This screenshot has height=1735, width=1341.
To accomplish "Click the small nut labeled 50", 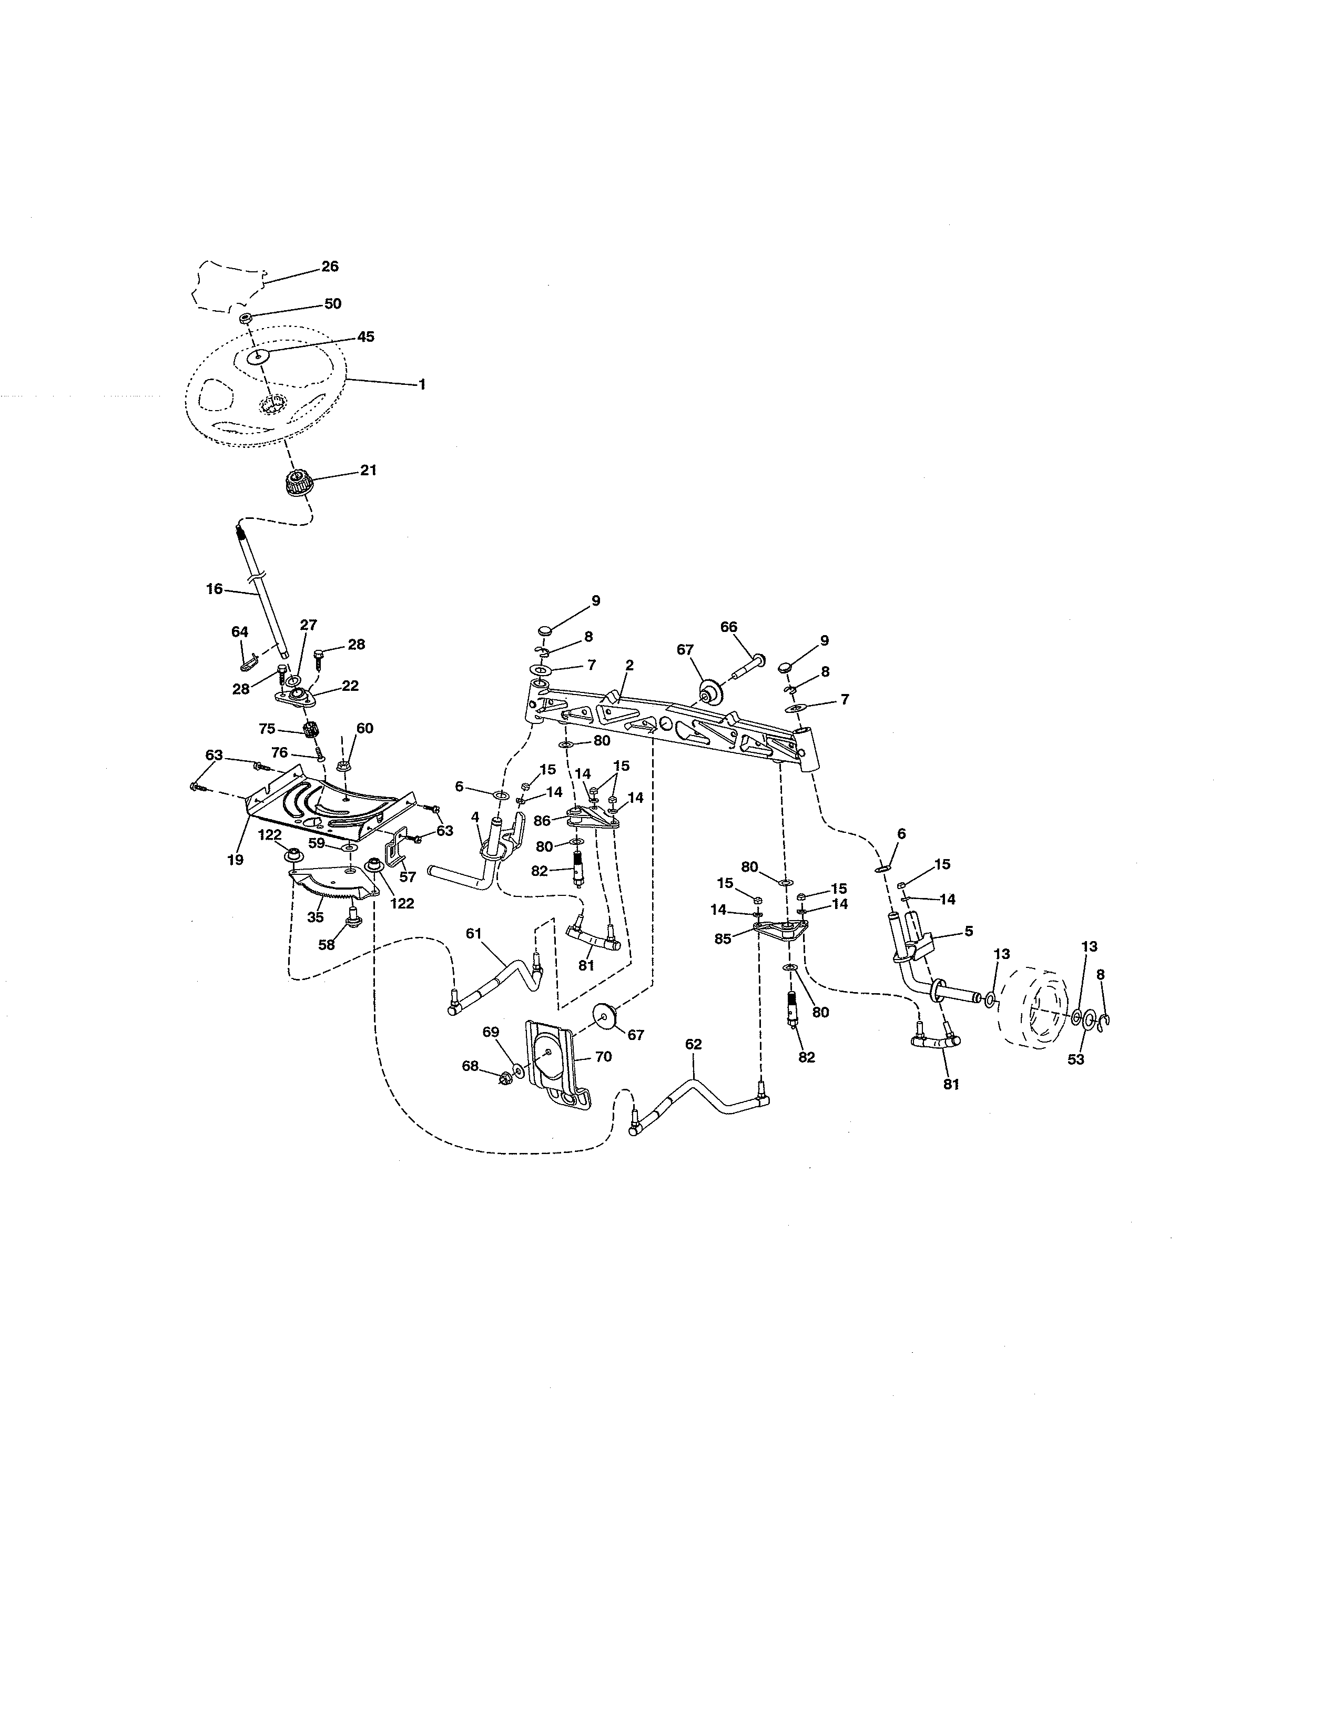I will pos(246,319).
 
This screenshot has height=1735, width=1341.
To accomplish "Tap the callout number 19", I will pos(235,860).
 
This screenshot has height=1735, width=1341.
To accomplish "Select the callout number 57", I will pos(408,877).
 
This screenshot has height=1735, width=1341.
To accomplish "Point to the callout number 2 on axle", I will pos(629,666).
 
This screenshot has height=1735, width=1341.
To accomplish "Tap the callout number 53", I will pos(1075,1059).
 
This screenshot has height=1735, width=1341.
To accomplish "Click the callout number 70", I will pos(603,1057).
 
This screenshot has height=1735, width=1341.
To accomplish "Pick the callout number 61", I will pos(473,933).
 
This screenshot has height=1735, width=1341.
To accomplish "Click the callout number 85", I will pos(722,938).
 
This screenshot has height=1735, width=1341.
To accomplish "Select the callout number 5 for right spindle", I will pos(968,931).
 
